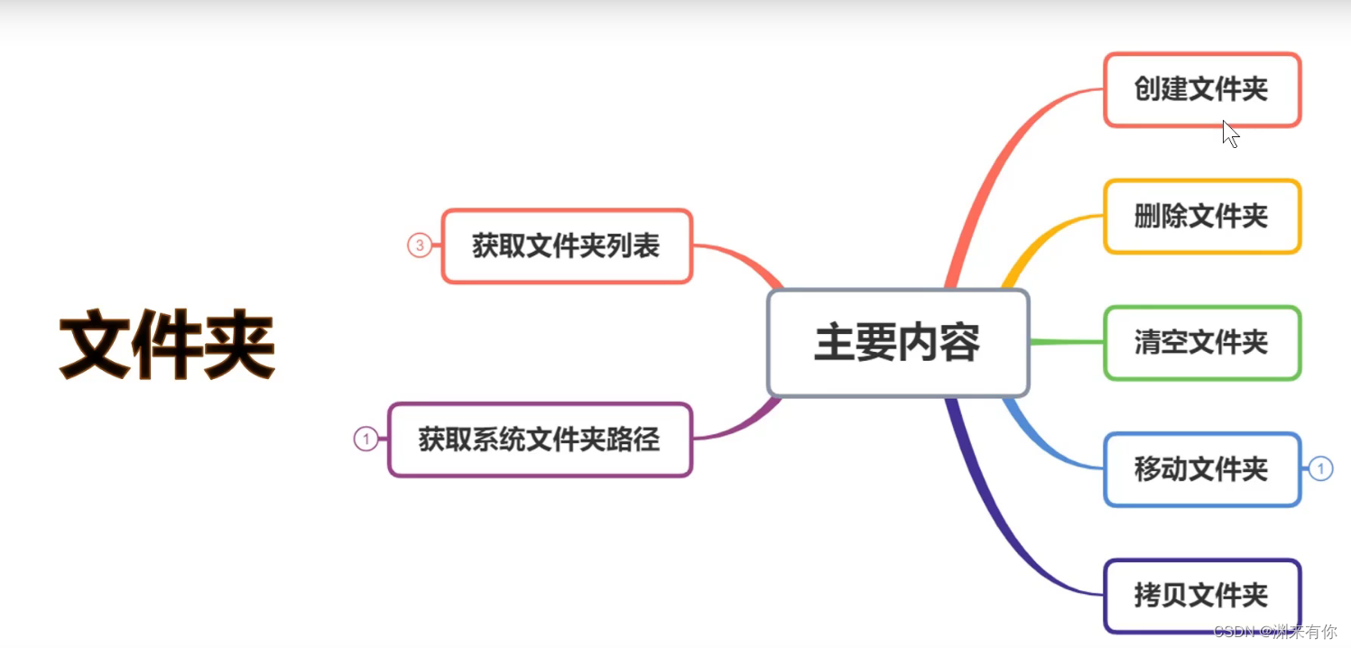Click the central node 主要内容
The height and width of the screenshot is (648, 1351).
897,343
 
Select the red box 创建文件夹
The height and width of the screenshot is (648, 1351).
1201,89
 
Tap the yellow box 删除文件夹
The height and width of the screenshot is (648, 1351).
1201,217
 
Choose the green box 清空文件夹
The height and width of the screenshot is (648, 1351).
1201,343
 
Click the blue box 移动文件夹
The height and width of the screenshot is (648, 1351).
1201,469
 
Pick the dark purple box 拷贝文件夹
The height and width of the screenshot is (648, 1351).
1201,596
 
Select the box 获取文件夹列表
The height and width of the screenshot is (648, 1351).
566,245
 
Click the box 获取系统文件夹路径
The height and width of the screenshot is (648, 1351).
540,440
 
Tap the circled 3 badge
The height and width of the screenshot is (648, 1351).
419,245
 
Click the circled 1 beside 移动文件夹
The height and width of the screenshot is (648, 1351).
1319,468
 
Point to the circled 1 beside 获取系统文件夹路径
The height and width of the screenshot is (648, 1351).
366,440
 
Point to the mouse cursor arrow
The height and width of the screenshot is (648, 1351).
1230,134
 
